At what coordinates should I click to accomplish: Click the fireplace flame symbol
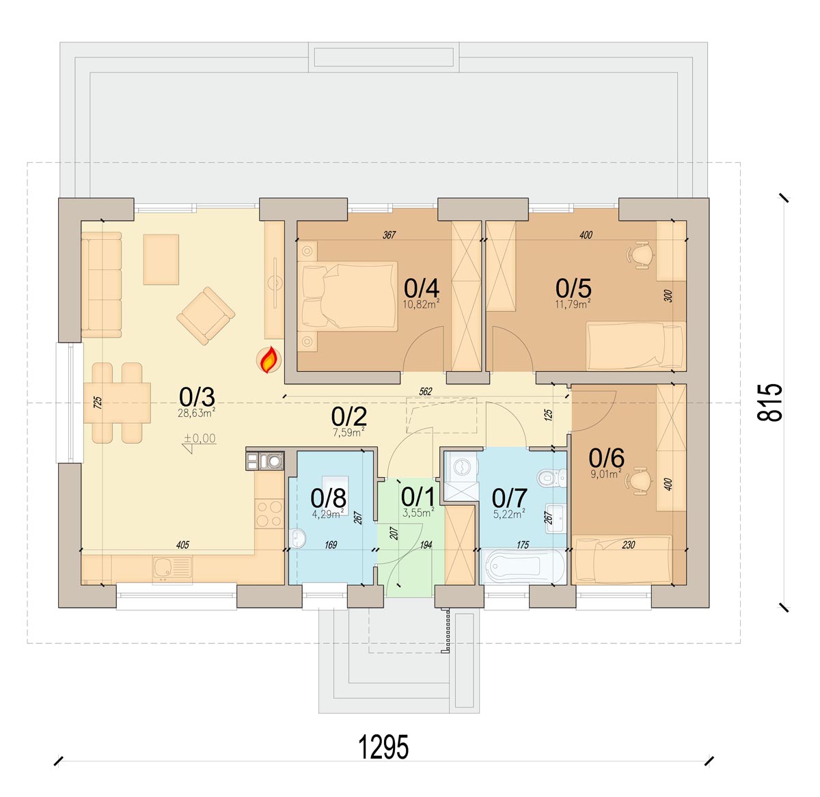point(269,360)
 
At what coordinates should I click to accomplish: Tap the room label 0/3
point(197,396)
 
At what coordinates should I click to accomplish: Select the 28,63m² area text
point(196,413)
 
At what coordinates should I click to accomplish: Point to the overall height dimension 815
point(770,402)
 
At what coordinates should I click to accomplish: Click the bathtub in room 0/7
point(523,566)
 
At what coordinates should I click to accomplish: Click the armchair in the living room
point(206,316)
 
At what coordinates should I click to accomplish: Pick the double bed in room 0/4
point(347,296)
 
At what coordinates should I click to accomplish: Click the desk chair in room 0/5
point(640,254)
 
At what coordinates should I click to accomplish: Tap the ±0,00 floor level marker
point(200,442)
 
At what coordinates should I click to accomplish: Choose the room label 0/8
point(328,498)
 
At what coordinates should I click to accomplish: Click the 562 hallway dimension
point(425,391)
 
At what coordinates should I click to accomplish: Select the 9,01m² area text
point(606,474)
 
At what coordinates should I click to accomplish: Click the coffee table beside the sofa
point(161,260)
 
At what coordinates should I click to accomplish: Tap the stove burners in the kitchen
point(269,513)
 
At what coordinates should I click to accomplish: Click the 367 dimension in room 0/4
point(389,234)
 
